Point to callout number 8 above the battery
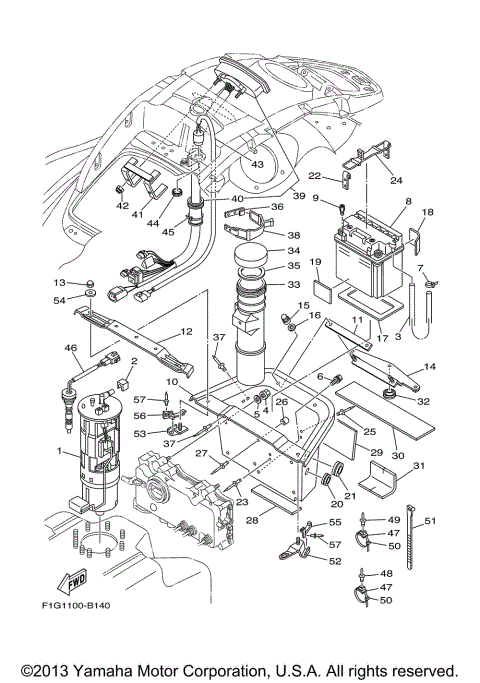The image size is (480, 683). [407, 201]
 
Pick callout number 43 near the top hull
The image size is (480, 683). [257, 164]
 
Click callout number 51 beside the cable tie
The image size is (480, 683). [431, 520]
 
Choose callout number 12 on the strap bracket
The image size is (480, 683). [186, 332]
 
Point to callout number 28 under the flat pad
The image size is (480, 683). [254, 521]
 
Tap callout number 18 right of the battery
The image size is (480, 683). [428, 214]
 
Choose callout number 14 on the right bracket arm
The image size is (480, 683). [431, 368]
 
